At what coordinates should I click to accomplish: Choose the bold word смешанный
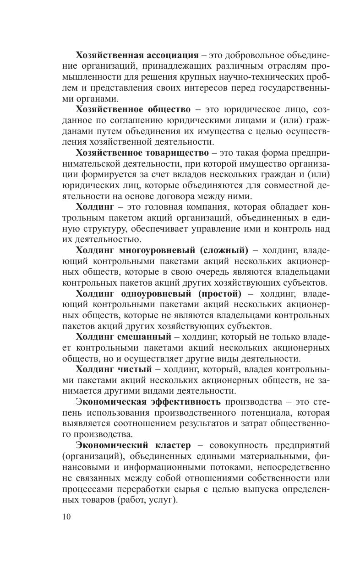coord(145,337)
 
